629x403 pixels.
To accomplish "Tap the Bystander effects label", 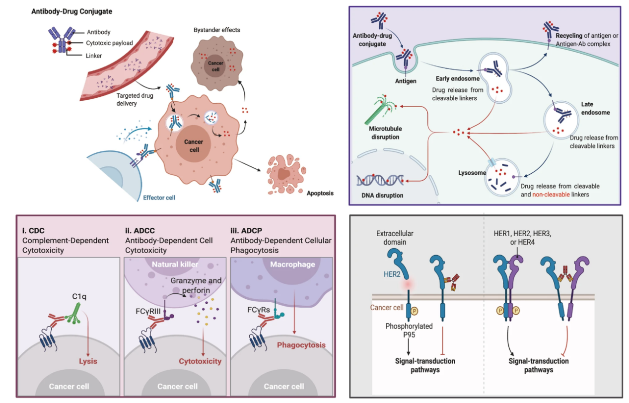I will click(x=216, y=30).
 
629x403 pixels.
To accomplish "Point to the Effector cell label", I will click(x=159, y=198).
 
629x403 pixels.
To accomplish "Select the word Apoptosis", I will click(x=320, y=194).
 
